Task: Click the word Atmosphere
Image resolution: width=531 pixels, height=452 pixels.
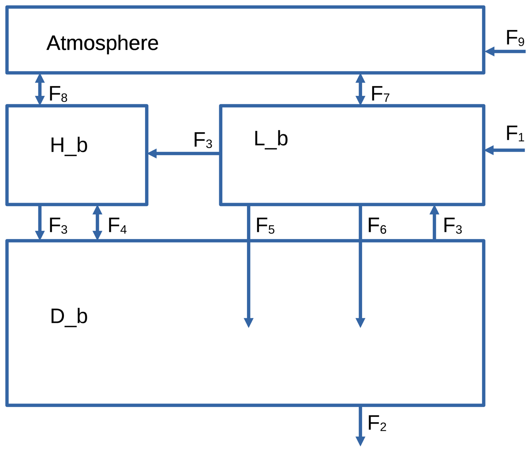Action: point(102,43)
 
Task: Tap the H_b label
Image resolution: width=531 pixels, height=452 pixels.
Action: point(69,146)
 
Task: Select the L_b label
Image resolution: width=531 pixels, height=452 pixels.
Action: point(271,139)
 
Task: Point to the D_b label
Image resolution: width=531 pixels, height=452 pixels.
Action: point(69,317)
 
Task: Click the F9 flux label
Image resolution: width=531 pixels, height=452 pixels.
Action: point(514,38)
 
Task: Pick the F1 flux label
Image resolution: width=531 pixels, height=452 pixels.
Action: point(514,134)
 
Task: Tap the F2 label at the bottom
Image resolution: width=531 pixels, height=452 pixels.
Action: point(377,423)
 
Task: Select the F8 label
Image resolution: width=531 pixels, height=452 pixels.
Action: point(58,94)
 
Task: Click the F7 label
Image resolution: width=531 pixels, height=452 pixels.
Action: point(380,94)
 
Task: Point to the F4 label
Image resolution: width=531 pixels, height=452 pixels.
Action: point(117,226)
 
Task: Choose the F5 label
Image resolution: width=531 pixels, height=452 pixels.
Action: point(265,226)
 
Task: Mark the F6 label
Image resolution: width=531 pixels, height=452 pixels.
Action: point(377,226)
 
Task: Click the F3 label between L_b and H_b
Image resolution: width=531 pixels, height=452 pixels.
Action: point(203,140)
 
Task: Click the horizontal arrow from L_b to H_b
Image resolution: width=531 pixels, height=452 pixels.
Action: point(184,153)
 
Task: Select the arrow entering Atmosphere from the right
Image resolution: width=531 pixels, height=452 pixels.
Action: point(505,51)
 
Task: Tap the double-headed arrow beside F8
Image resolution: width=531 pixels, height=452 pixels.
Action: point(40,89)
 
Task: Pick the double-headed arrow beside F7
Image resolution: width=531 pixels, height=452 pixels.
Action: point(360,89)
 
